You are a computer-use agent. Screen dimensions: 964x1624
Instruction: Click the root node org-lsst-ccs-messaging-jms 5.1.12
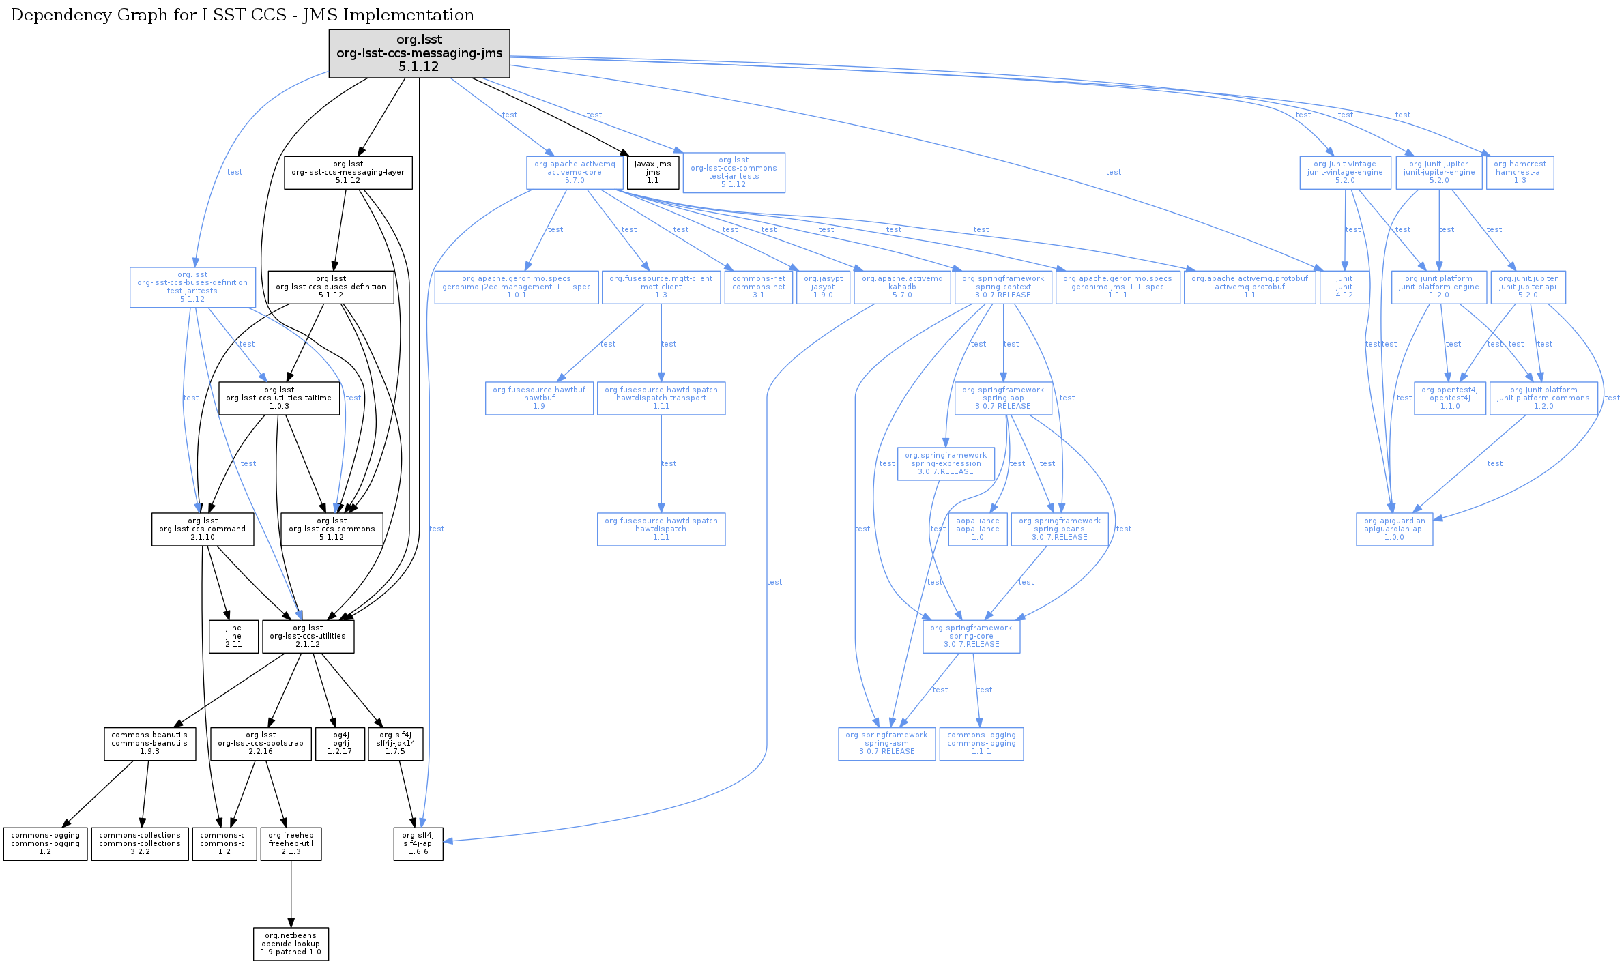point(419,53)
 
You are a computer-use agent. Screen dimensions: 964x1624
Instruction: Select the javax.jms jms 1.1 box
point(653,173)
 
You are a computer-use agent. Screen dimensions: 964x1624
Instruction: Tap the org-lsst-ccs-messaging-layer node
point(348,173)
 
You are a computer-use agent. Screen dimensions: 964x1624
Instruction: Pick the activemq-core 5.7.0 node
point(575,173)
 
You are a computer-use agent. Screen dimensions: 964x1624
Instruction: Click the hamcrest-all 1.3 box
point(1520,173)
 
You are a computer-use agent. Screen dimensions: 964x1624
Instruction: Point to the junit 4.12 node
point(1344,287)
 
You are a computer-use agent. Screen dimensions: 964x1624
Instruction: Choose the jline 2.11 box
point(233,636)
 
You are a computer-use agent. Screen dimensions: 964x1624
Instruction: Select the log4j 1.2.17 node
point(340,744)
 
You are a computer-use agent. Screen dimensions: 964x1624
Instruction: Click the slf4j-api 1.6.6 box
point(418,844)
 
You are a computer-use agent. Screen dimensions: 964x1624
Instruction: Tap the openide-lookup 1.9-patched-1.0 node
point(291,944)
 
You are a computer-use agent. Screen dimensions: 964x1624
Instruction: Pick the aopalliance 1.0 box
point(977,529)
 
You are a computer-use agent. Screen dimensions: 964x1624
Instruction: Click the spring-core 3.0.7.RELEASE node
point(971,637)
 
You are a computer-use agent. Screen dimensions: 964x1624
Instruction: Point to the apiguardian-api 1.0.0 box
point(1394,529)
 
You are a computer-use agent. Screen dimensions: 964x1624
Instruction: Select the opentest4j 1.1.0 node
point(1449,398)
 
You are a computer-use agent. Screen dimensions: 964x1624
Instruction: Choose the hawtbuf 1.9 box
point(539,398)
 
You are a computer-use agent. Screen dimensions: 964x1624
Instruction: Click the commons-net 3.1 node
point(758,287)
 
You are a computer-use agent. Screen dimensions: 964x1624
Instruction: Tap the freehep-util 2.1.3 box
point(291,844)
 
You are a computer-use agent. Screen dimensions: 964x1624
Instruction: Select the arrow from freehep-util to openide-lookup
point(291,894)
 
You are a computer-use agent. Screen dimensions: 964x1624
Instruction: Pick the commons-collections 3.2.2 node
point(140,844)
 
